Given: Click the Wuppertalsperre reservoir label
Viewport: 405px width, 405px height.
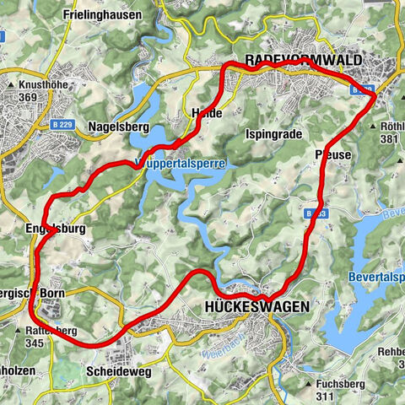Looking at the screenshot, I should [180, 165].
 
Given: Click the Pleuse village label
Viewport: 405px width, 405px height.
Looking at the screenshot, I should [332, 154].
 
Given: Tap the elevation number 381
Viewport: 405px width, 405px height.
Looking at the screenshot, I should [389, 139].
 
